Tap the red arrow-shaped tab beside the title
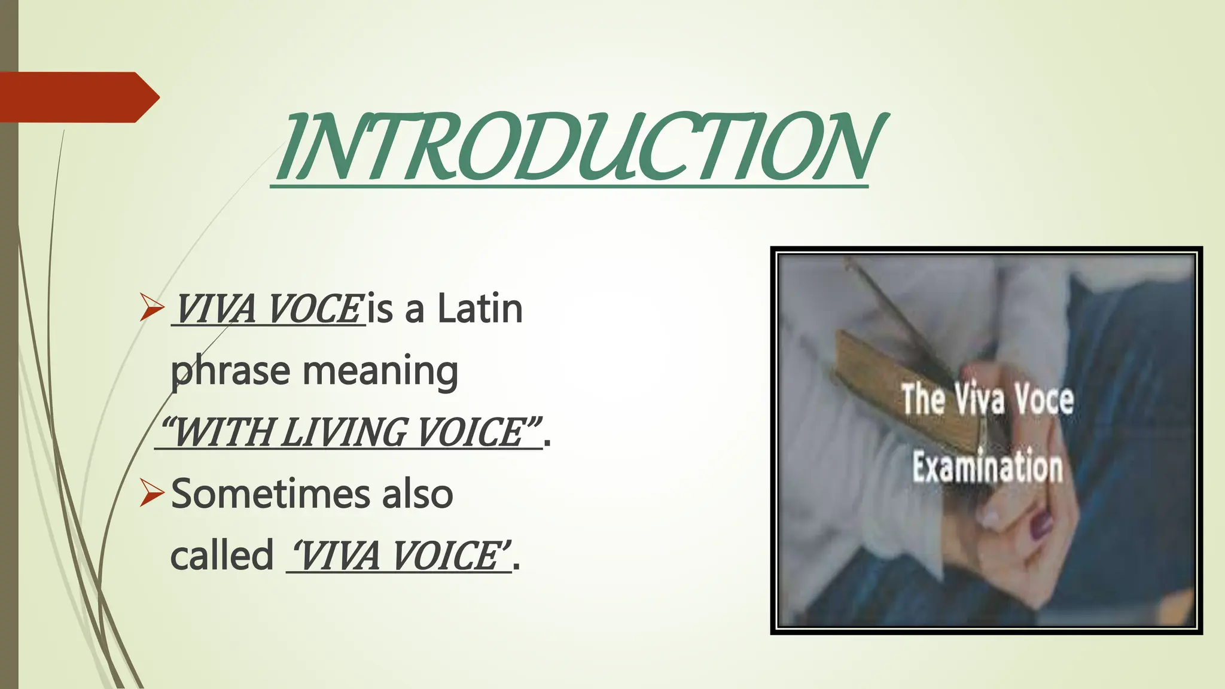78,97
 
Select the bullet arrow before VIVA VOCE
152,307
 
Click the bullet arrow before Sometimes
152,493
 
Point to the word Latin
480,309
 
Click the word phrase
230,371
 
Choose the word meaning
380,371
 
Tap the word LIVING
343,432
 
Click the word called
221,556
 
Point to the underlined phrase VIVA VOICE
398,556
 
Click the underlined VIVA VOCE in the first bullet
268,309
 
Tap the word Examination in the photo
988,467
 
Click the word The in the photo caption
923,399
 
